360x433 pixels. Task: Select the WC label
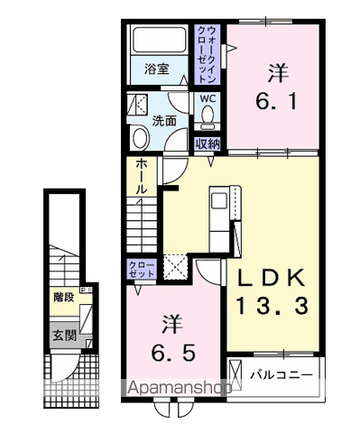(206, 98)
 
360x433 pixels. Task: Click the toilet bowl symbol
(207, 115)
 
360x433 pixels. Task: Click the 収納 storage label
(206, 143)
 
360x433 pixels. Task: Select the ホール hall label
(143, 178)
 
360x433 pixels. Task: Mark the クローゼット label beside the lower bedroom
(139, 267)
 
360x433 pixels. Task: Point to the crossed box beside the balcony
(235, 373)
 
